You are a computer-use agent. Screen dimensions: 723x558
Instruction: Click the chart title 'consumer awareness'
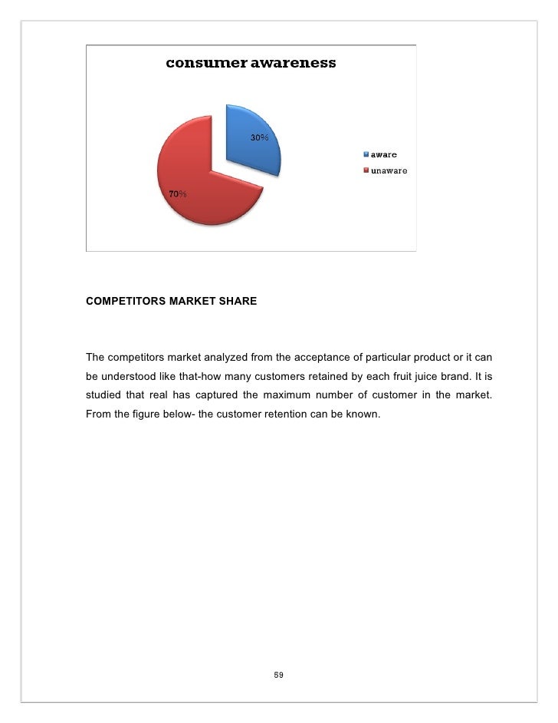pos(251,64)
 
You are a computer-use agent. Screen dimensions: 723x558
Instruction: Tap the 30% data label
pos(258,137)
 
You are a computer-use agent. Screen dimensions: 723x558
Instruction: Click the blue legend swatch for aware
pos(367,155)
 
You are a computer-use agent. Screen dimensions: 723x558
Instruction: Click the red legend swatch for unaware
pos(367,170)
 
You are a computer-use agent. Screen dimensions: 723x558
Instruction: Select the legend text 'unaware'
pos(389,170)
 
